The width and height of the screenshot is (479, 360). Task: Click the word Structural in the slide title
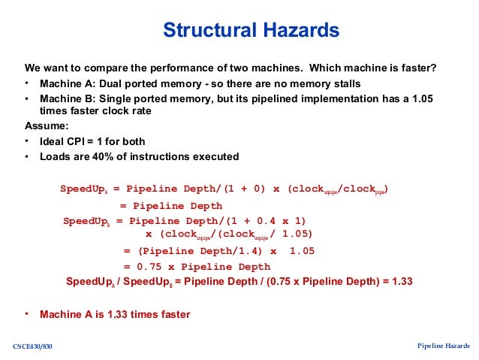click(204, 31)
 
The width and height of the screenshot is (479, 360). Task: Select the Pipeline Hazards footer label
click(444, 345)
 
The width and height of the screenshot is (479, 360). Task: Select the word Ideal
click(53, 141)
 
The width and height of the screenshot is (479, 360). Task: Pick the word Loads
click(56, 156)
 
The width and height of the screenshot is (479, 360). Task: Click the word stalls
click(345, 83)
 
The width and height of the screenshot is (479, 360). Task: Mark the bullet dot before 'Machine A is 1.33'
click(27, 313)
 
